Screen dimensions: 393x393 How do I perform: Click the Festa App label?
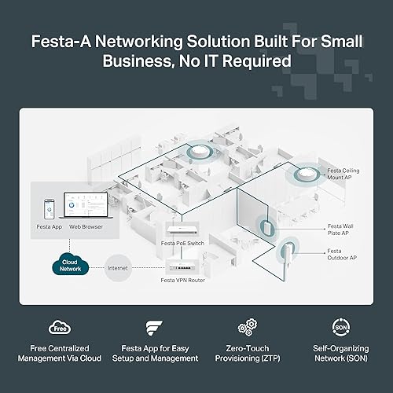[49, 226]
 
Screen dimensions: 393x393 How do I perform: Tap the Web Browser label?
[86, 226]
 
